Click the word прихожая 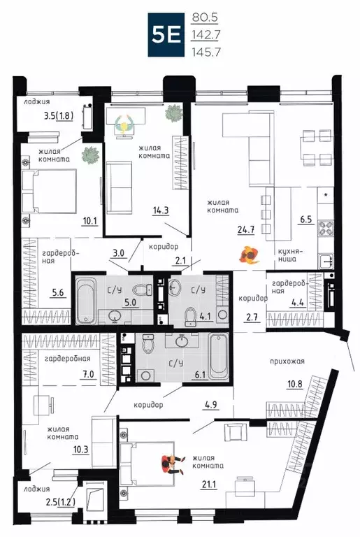point(289,362)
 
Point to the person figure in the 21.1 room point(169,461)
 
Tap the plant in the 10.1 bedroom point(89,155)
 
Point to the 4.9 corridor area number point(211,403)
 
